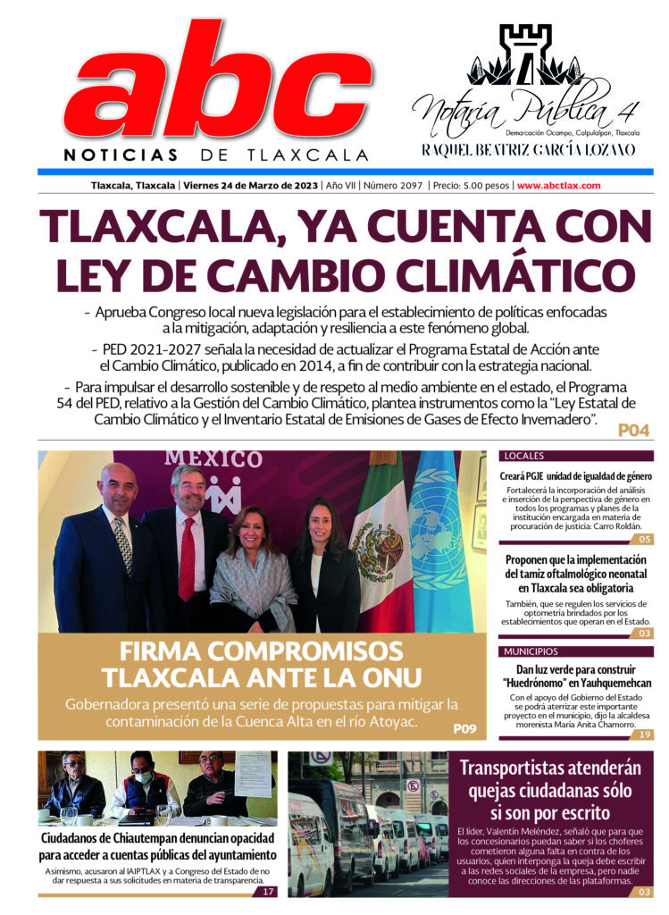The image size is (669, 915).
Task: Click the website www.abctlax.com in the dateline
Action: [558, 186]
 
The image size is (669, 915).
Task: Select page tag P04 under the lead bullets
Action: [632, 431]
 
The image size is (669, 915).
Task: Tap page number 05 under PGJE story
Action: [644, 539]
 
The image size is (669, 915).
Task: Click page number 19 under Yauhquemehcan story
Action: [644, 734]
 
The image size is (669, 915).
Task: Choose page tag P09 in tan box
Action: [464, 728]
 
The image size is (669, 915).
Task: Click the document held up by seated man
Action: [253, 774]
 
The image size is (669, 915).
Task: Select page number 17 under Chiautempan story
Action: [267, 891]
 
